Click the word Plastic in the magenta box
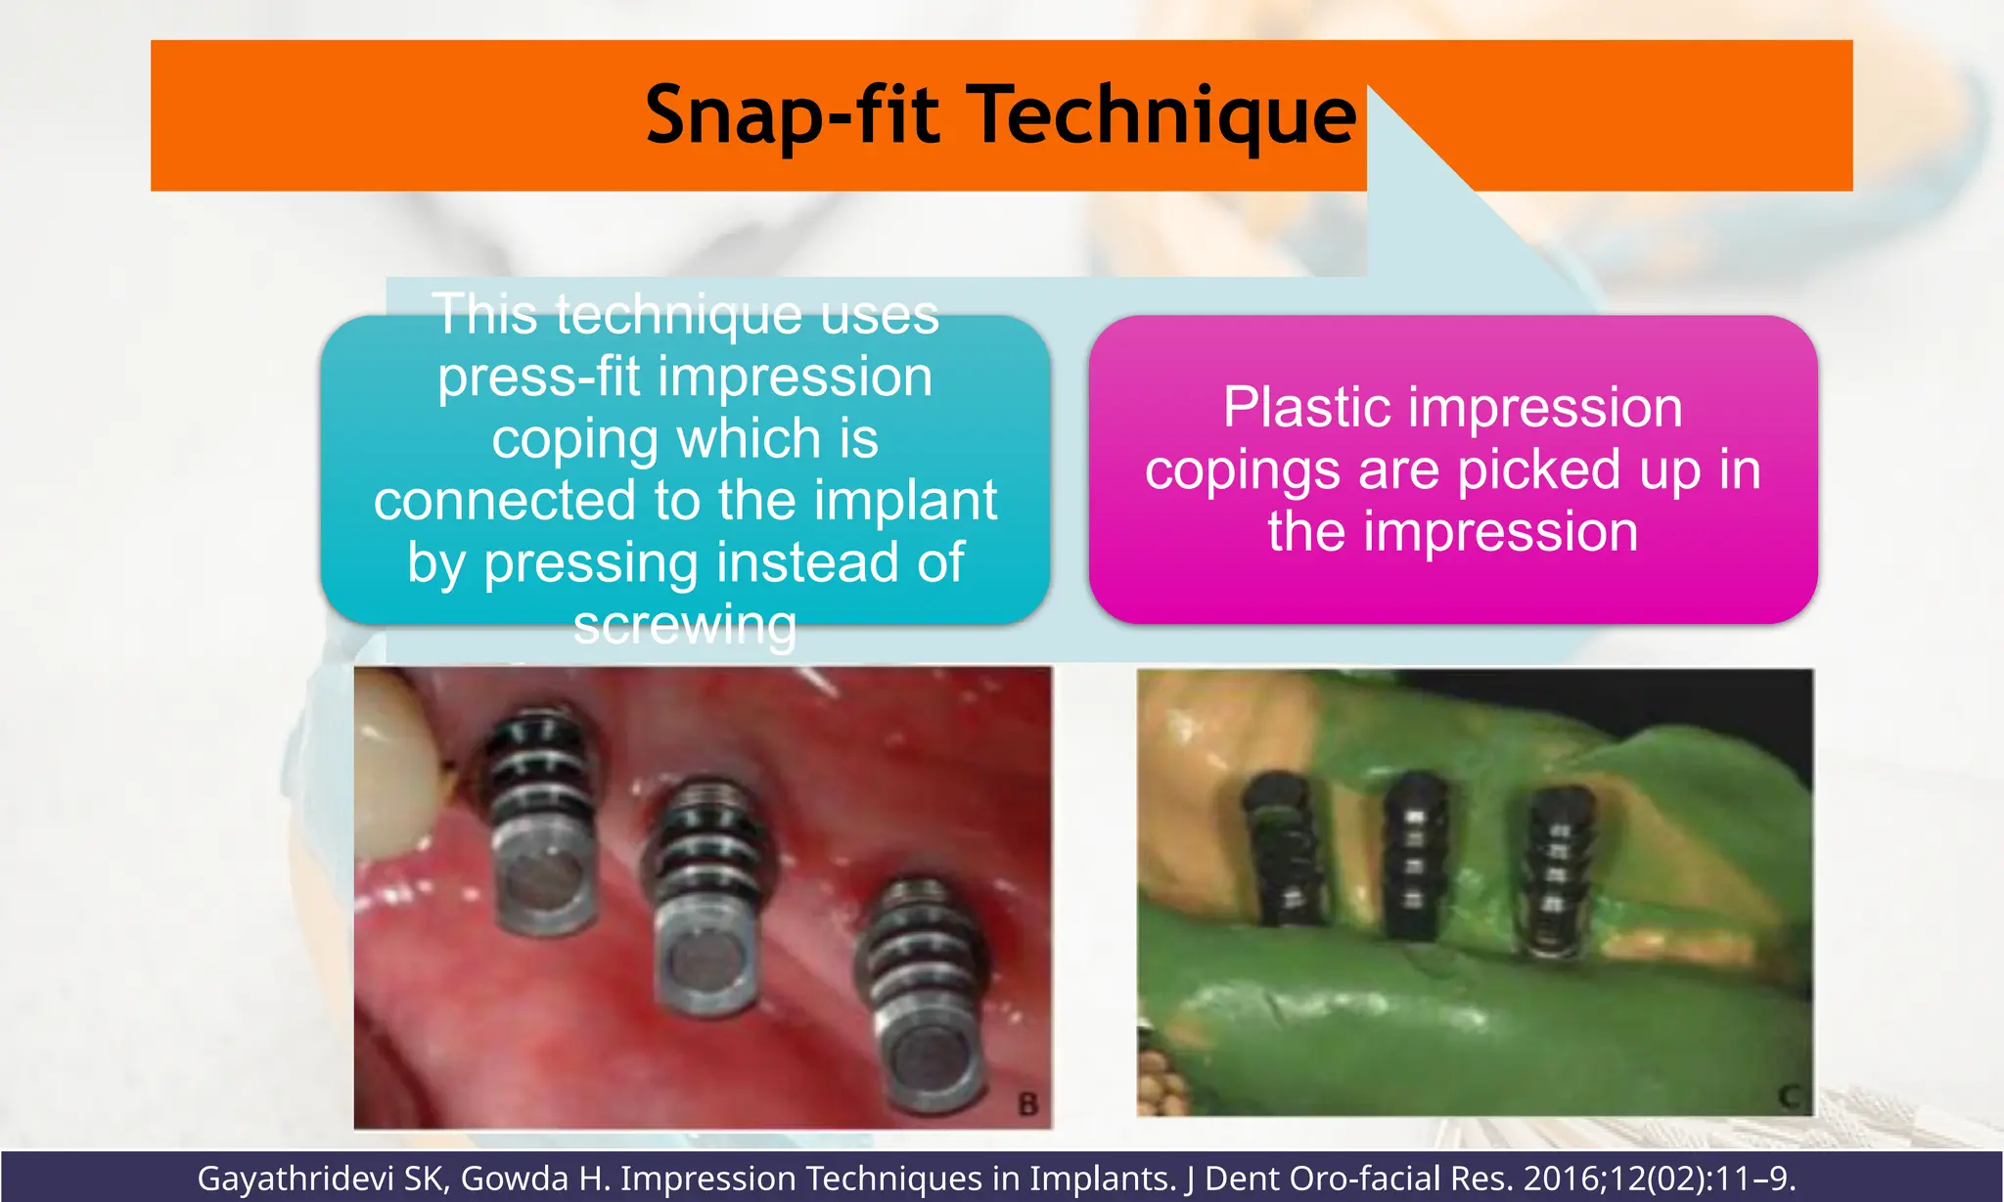[1305, 407]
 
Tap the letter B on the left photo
[1027, 1104]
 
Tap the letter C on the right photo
[1790, 1096]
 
